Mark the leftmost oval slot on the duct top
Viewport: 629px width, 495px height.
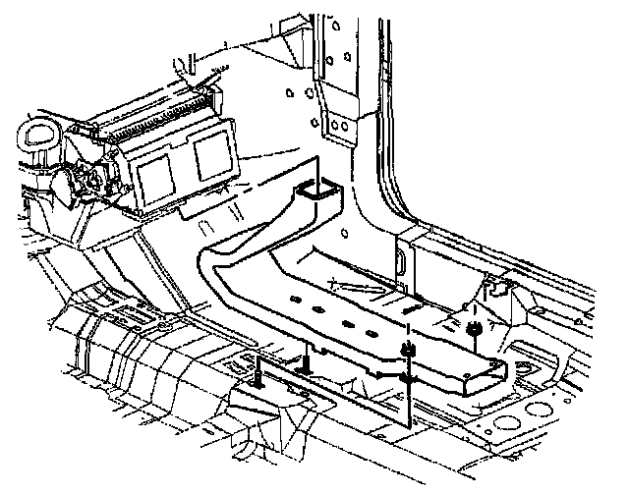[293, 299]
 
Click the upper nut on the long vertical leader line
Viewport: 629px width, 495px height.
[406, 351]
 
